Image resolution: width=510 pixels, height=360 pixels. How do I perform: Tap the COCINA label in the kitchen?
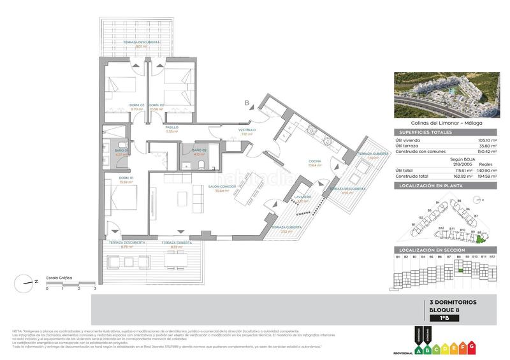click(x=314, y=161)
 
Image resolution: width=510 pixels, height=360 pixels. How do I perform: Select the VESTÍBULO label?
click(x=248, y=130)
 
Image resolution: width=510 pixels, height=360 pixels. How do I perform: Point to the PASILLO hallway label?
click(x=172, y=127)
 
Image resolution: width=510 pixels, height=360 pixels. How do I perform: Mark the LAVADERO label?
click(x=303, y=197)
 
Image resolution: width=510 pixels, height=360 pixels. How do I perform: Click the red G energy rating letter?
click(x=472, y=345)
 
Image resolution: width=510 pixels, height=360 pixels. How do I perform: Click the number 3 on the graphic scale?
click(x=95, y=289)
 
